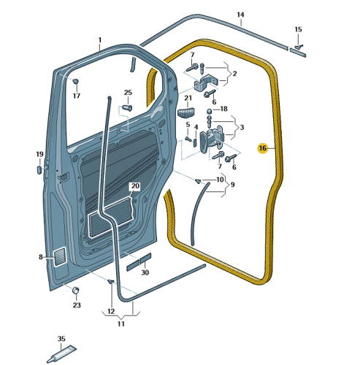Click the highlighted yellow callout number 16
coord(263,148)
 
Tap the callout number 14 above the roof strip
coord(240,15)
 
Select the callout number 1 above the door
coord(100,40)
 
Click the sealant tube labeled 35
coord(61,354)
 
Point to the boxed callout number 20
coord(135,186)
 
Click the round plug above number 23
coord(76,291)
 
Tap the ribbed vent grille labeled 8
coord(60,256)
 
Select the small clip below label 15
coord(299,46)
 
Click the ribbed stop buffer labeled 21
coord(185,112)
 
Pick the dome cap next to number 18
coord(209,111)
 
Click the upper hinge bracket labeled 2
coord(206,82)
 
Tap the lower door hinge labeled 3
coord(212,140)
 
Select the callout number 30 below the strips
coord(145,272)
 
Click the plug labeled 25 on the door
coord(127,107)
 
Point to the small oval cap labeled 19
coord(39,169)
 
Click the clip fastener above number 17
coord(76,81)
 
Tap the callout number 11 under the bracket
coord(121,324)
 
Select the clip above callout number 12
coord(111,282)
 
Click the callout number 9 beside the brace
coord(233,185)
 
